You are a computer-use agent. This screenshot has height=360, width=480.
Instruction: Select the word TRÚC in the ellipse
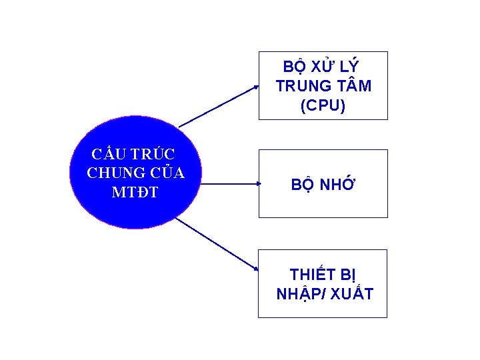(x=153, y=155)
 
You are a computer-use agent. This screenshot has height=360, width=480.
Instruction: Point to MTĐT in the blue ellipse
(x=136, y=193)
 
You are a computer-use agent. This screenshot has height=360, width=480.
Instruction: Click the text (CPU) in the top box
(x=323, y=105)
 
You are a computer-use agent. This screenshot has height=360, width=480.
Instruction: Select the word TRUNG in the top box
(x=304, y=86)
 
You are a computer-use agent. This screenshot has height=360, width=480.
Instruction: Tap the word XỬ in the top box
(x=322, y=67)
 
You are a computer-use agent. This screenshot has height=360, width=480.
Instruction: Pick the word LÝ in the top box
(x=349, y=67)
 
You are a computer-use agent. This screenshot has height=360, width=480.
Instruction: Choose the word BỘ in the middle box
(x=303, y=185)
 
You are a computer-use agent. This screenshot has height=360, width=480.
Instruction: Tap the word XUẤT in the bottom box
(x=351, y=294)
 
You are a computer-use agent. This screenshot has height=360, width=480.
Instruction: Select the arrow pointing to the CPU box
(x=219, y=106)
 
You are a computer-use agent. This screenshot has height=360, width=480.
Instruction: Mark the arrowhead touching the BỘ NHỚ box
(x=254, y=182)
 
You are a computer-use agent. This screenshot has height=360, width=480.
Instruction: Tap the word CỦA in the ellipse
(x=167, y=173)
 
